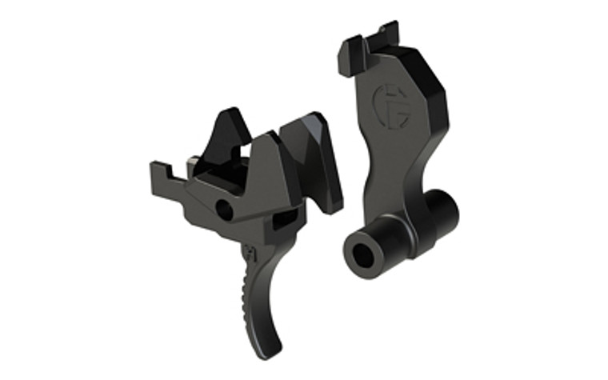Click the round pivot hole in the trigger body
point(225,210)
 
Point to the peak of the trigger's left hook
point(227,113)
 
